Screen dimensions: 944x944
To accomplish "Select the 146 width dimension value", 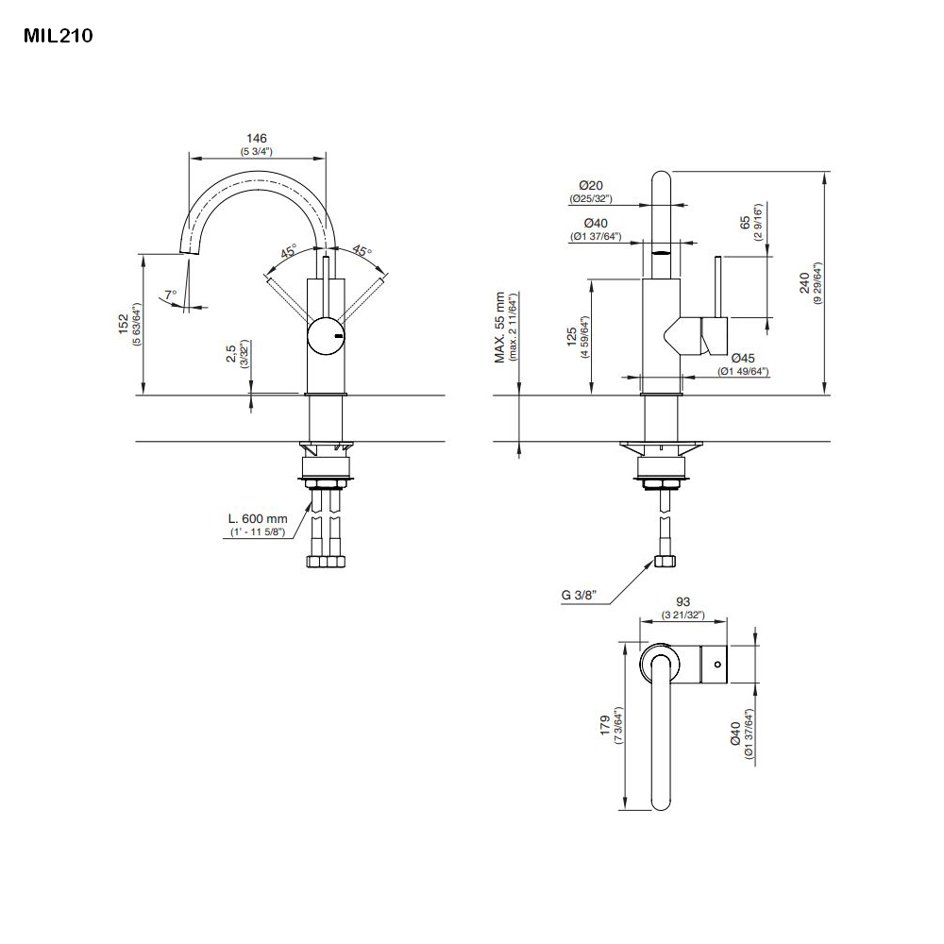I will pyautogui.click(x=258, y=138).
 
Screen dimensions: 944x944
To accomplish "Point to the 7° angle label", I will pyautogui.click(x=170, y=295).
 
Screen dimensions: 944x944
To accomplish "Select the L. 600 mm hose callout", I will pyautogui.click(x=257, y=518).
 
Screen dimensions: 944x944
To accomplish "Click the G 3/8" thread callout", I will pyautogui.click(x=579, y=595).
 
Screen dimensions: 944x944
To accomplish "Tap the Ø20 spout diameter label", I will pyautogui.click(x=591, y=185).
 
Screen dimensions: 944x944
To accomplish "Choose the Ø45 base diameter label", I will pyautogui.click(x=742, y=358).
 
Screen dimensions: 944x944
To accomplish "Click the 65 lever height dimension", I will pyautogui.click(x=745, y=223).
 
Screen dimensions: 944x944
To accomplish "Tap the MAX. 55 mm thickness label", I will pyautogui.click(x=500, y=327).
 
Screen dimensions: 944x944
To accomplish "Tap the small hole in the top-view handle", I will pyautogui.click(x=717, y=665).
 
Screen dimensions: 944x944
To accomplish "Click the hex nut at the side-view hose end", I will pyautogui.click(x=664, y=563).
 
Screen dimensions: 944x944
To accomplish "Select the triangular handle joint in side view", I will pyautogui.click(x=683, y=334).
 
